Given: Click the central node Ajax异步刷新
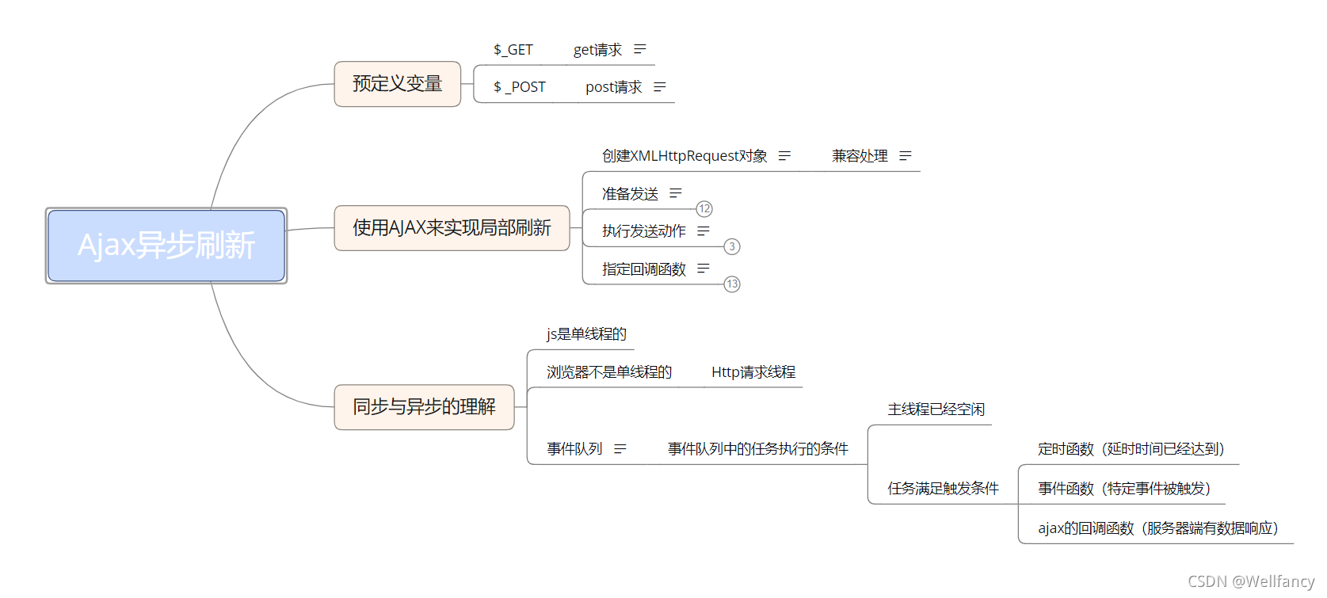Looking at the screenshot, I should (x=166, y=246).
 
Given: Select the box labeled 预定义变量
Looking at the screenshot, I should (x=397, y=84).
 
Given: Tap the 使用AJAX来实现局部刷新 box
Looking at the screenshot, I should (x=452, y=228).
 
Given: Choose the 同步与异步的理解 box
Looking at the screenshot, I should (x=424, y=407).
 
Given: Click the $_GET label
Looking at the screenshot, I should (x=513, y=50).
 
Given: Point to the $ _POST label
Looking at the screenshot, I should (x=520, y=87).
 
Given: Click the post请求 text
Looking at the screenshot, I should (x=613, y=87).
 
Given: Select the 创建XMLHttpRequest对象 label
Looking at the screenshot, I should (x=684, y=156).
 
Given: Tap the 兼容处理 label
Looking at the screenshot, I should (x=860, y=156).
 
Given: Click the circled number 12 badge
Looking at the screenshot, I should (x=704, y=209).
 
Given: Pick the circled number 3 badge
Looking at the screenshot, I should (x=732, y=247).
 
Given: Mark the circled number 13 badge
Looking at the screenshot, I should (x=732, y=284).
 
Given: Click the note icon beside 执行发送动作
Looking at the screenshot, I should (x=704, y=231).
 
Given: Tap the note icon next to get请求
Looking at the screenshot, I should (x=640, y=50).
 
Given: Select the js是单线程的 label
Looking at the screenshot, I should (x=586, y=334).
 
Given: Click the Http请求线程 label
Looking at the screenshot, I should (x=753, y=372).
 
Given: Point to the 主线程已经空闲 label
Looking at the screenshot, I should (x=936, y=409).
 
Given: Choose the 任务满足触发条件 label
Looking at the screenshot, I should (x=943, y=489).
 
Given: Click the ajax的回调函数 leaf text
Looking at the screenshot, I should (x=1157, y=528).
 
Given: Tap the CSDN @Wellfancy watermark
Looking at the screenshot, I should (x=1251, y=582).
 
